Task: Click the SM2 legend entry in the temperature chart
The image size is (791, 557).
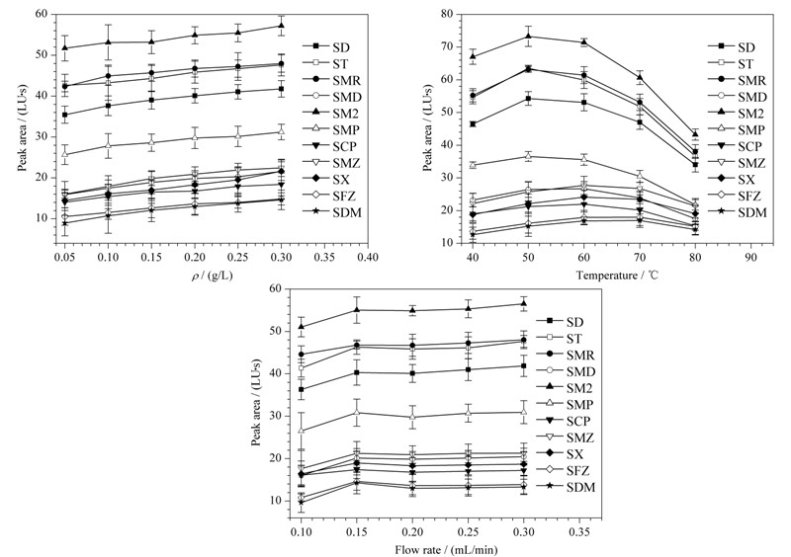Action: coord(736,114)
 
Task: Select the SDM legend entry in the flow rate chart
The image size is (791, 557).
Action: coord(566,487)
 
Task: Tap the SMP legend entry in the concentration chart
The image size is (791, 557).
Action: coord(331,130)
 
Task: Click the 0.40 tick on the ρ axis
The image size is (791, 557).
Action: coord(368,258)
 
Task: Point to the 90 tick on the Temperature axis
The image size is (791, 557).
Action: coord(750,258)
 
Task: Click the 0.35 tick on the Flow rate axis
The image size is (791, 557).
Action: coord(579,532)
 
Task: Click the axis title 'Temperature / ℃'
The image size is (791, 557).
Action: coord(617,276)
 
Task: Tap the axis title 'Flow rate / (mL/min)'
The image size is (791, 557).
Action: coord(446,549)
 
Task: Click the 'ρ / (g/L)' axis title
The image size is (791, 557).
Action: coord(212,276)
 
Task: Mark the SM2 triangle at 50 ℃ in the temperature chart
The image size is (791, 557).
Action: coord(528,36)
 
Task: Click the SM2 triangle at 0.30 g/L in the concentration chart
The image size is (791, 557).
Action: coord(282,26)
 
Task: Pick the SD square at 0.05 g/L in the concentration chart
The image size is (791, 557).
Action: coord(65,115)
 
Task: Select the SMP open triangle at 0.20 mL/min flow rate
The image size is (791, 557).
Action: coord(412,417)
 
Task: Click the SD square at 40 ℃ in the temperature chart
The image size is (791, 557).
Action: coord(473,124)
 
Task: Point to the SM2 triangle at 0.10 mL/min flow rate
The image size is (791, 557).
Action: coord(302,327)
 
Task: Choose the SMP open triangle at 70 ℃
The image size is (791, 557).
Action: coord(640,176)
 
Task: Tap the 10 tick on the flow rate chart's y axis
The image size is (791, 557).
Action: coord(279,501)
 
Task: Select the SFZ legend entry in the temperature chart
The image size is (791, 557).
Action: coord(736,197)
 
